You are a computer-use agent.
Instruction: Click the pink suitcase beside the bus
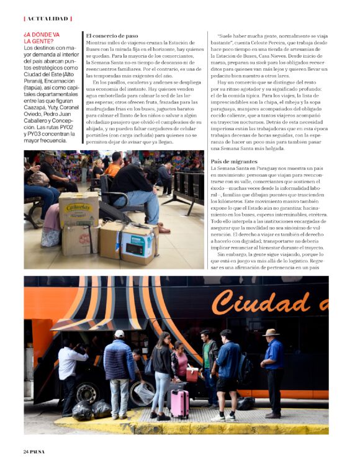click(x=180, y=402)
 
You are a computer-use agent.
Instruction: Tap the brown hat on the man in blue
click(x=271, y=333)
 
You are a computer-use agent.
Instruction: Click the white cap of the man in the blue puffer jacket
click(x=119, y=334)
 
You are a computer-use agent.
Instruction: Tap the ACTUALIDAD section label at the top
click(x=48, y=19)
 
